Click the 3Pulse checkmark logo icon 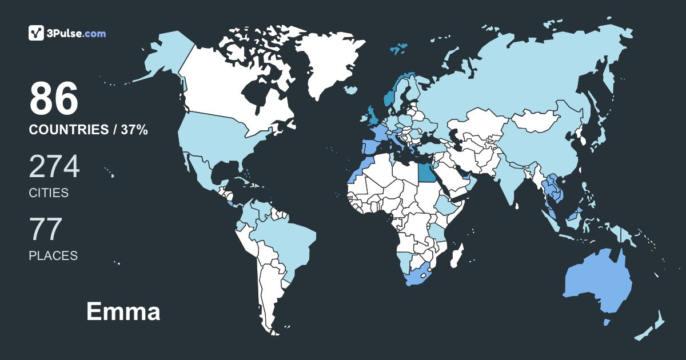37,33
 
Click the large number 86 54,99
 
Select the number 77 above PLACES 45,230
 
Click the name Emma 123,312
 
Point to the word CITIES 49,193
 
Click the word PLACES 53,255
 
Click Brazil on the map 286,240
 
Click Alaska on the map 163,57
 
